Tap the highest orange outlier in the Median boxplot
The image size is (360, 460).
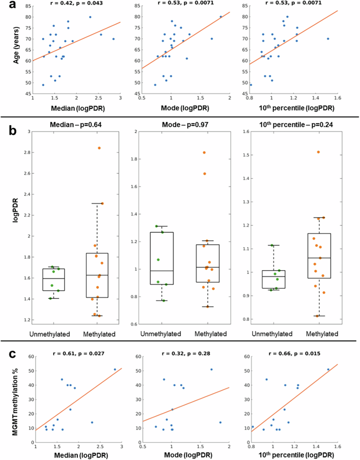(x=99, y=148)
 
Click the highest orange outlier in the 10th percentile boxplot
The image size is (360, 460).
(x=318, y=152)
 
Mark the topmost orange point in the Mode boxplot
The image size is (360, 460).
(x=204, y=152)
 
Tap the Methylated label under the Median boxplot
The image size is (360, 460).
(x=99, y=333)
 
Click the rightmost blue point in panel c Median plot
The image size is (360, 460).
(x=115, y=369)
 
